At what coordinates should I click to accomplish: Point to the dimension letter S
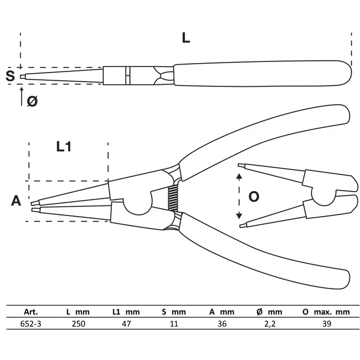point(10,76)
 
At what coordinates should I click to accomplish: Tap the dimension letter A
point(16,200)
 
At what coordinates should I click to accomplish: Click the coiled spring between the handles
point(174,197)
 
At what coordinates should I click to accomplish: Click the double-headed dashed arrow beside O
point(239,197)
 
